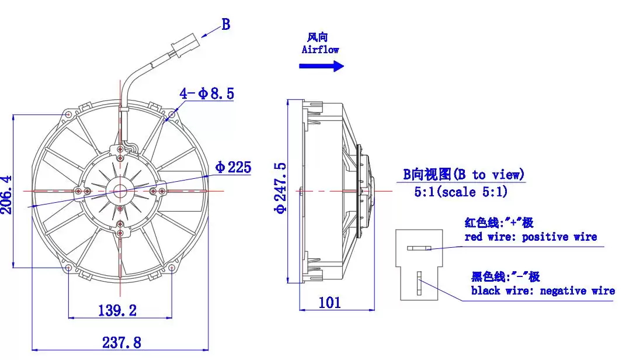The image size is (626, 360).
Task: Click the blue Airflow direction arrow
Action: (x=321, y=66)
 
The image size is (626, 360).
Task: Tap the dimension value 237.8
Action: (x=121, y=342)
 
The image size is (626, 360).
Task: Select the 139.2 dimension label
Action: (x=117, y=310)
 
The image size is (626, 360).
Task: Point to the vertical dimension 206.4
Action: (x=7, y=195)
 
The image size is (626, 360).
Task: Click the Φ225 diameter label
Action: (x=233, y=167)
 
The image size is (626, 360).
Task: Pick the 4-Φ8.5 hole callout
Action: (x=206, y=93)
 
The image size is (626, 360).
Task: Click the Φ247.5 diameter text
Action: (x=280, y=188)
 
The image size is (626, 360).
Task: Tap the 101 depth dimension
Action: (x=330, y=303)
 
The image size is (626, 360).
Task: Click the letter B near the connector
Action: (x=226, y=25)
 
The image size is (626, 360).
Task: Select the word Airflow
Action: (x=320, y=50)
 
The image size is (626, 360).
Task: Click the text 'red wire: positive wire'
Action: (x=531, y=237)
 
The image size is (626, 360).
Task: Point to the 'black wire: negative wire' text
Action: (x=543, y=291)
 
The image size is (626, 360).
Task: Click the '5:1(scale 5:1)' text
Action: (x=461, y=192)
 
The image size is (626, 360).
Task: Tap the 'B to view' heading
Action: (x=463, y=175)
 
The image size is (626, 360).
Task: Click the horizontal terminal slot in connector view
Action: (x=419, y=248)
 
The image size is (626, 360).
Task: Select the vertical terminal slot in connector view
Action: (x=419, y=283)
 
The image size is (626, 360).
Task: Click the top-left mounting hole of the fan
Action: (x=69, y=115)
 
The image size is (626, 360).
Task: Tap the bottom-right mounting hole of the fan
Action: (x=172, y=267)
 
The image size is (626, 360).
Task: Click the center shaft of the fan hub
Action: (x=120, y=191)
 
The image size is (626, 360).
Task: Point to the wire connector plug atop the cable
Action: (x=184, y=45)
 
